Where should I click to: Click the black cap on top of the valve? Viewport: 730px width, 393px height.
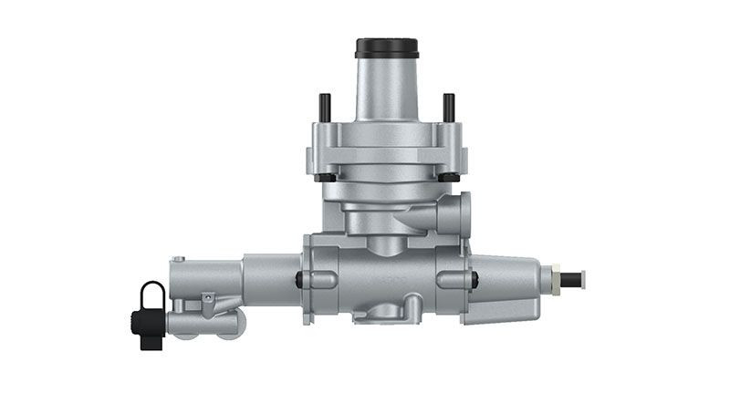387,47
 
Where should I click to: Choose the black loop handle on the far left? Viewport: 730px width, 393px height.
152,295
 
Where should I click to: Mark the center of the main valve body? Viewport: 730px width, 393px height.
387,274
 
